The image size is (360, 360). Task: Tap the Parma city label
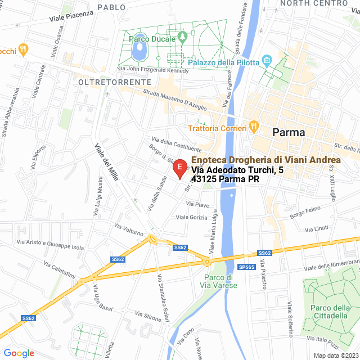click(289, 133)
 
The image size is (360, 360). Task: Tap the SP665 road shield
click(247, 267)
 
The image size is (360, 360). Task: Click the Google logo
click(19, 353)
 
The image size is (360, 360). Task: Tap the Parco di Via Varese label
click(220, 281)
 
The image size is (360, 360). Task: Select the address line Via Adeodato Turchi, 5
click(233, 170)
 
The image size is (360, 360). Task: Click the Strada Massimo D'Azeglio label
click(175, 98)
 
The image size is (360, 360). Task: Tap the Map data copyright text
click(336, 355)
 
